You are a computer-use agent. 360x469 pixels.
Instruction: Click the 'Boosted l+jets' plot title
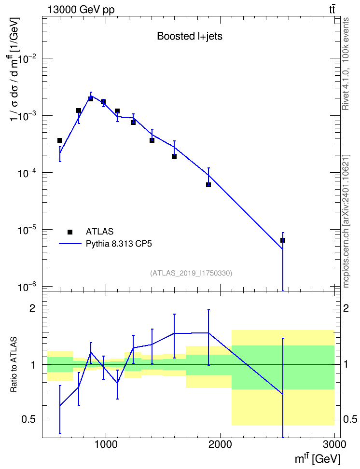[190, 36]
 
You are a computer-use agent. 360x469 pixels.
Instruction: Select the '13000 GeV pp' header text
[81, 10]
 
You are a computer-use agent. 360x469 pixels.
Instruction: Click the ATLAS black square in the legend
[70, 232]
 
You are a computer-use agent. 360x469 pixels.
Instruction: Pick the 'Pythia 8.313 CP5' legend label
[119, 244]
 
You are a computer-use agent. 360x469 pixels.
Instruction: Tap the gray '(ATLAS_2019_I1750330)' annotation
[191, 273]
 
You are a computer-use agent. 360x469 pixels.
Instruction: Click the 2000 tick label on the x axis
[220, 444]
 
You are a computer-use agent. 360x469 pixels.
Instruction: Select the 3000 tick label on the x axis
[335, 444]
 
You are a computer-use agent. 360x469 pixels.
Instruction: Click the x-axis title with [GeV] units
[318, 458]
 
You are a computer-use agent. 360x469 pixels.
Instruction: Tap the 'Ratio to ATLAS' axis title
[14, 364]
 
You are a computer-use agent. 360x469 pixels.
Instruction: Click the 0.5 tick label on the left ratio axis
[28, 420]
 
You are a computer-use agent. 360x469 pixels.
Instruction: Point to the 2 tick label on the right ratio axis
[346, 308]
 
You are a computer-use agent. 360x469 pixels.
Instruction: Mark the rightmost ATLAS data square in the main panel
[282, 240]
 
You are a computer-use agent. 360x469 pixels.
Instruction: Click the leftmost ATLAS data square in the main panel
[60, 140]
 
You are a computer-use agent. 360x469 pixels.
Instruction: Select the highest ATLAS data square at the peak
[91, 98]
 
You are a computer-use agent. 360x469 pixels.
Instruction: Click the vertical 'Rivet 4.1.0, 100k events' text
[346, 64]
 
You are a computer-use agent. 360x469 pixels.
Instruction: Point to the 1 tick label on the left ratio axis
[32, 365]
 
